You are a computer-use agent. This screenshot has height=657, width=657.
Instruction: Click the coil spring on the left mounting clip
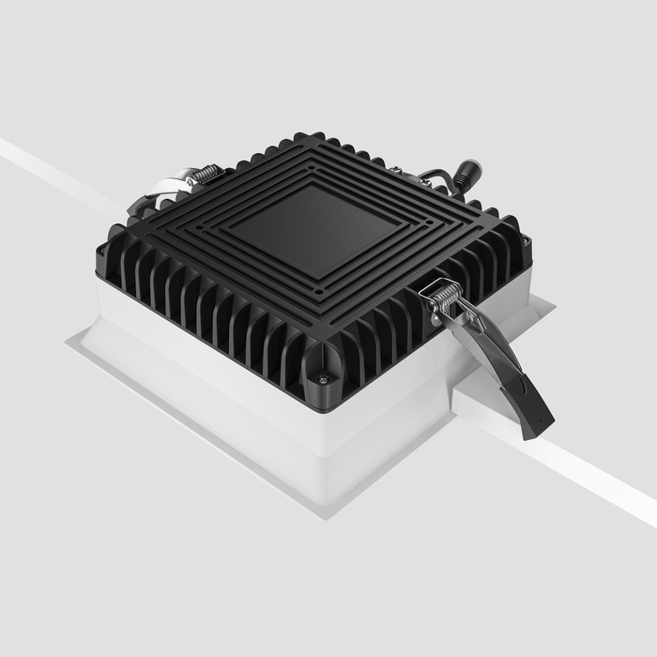204,175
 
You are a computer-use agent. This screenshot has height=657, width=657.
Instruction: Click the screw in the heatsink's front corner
324,378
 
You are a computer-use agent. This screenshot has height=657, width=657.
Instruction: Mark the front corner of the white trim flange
328,515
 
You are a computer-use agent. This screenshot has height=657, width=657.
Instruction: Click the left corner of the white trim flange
68,345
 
